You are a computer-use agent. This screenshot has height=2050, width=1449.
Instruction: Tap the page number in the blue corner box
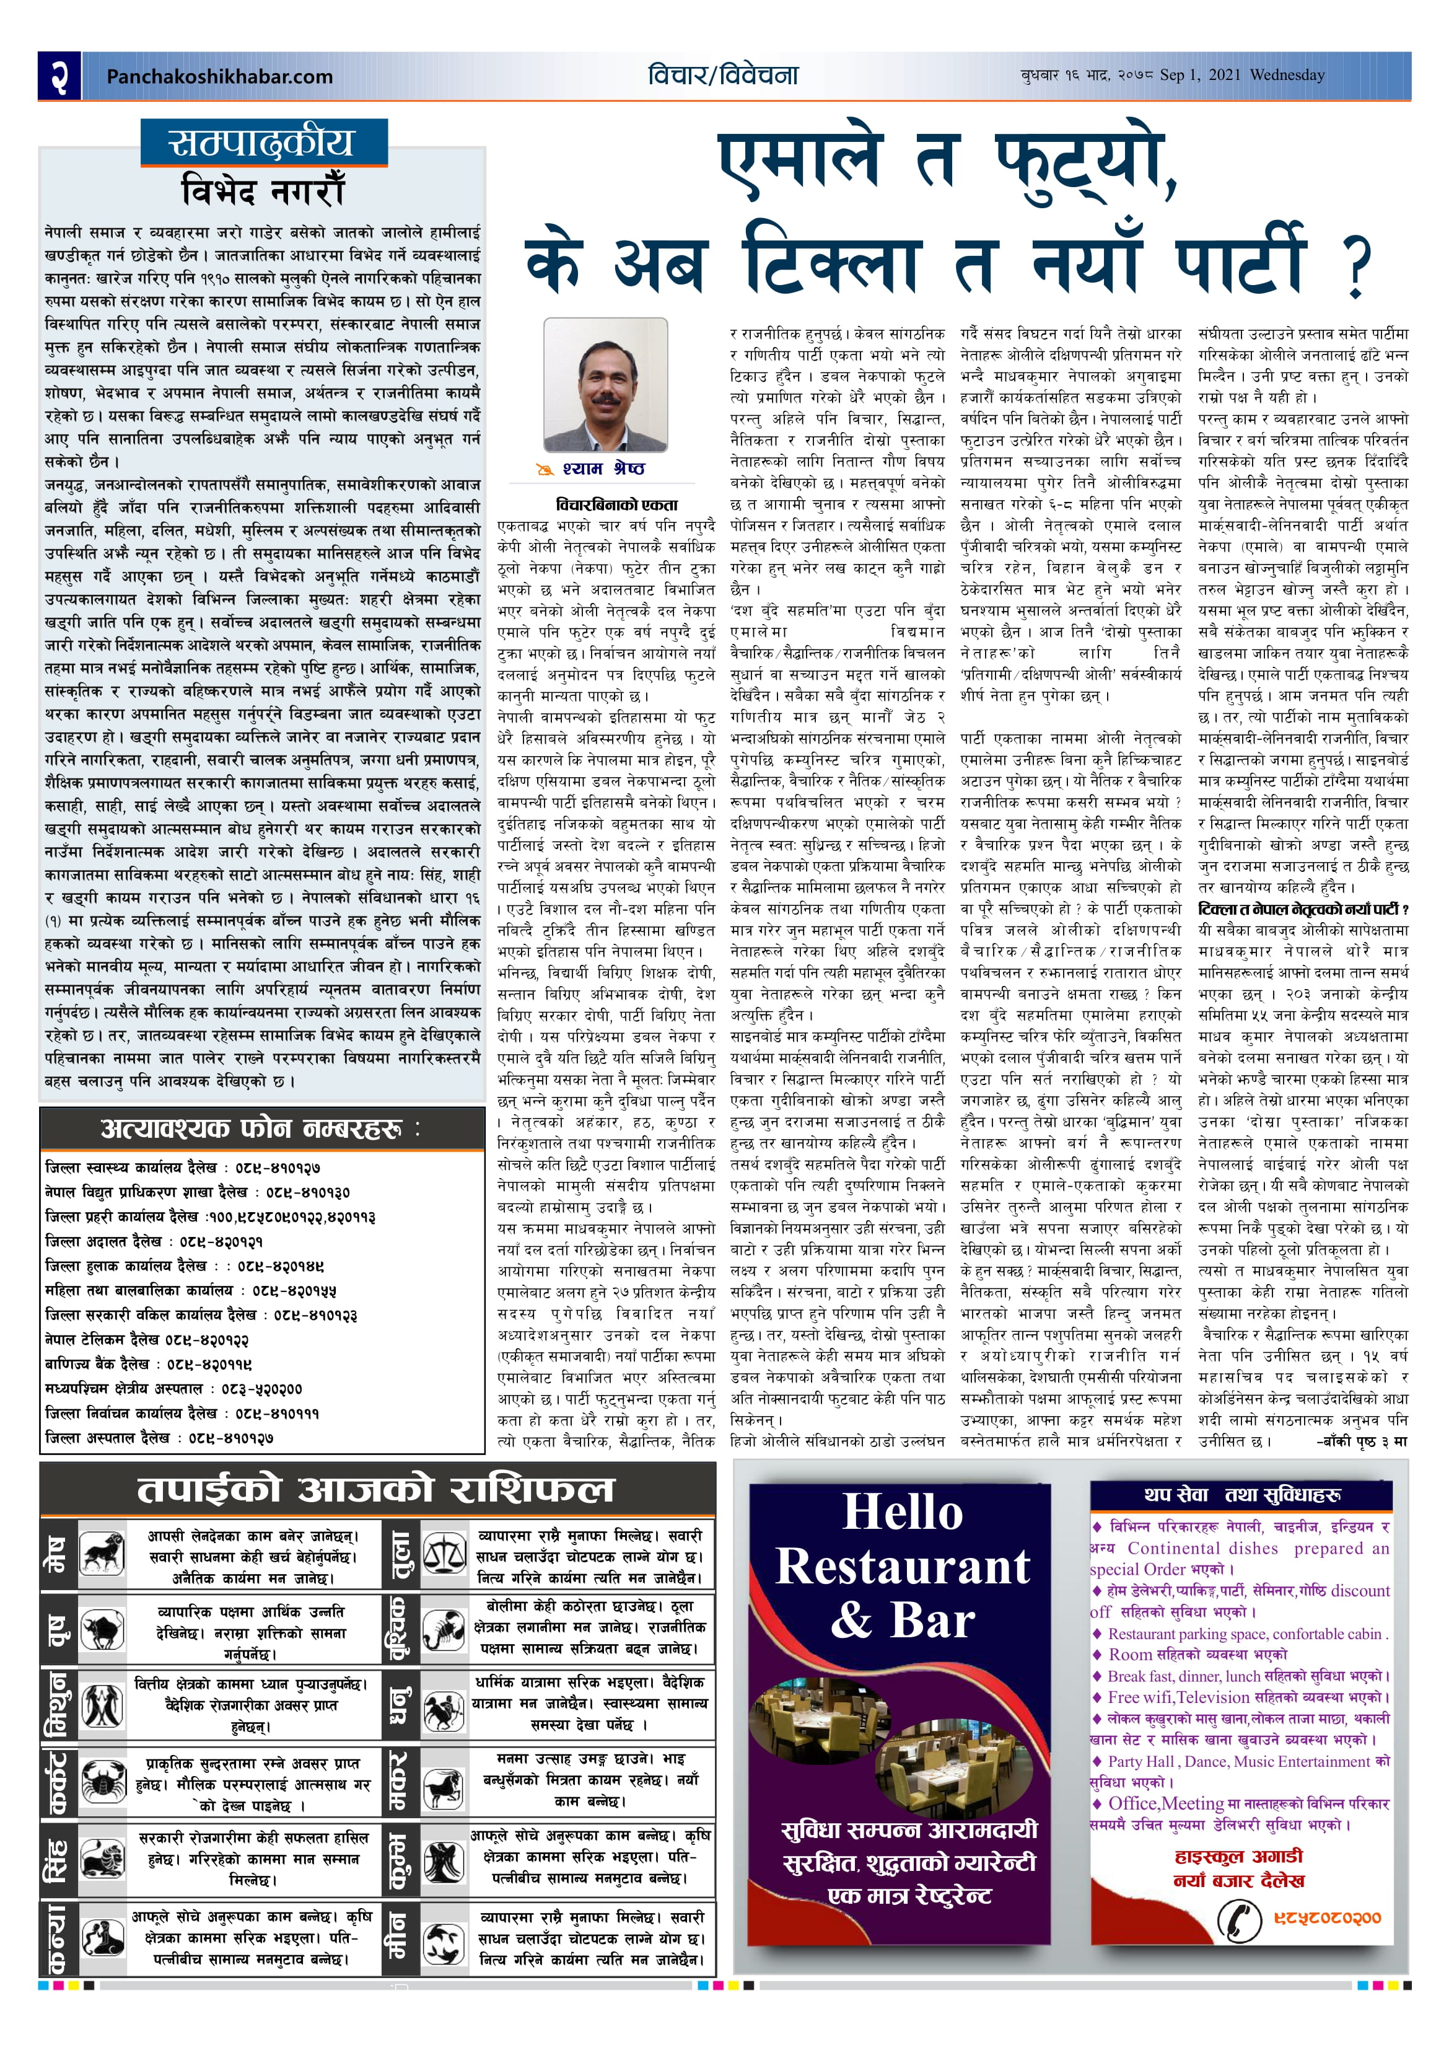coord(59,76)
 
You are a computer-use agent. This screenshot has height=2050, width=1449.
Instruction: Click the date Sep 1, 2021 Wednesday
coord(1242,75)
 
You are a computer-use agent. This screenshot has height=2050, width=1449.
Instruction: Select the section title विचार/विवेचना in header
coord(723,75)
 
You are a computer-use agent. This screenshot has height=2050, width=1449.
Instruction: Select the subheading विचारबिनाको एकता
coord(605,504)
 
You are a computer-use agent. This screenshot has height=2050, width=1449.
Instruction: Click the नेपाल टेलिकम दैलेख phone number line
coord(147,1339)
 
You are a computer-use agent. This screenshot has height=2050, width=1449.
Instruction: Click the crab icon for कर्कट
coord(103,1784)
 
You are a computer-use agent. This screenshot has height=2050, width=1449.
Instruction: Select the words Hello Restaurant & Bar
coord(902,1567)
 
